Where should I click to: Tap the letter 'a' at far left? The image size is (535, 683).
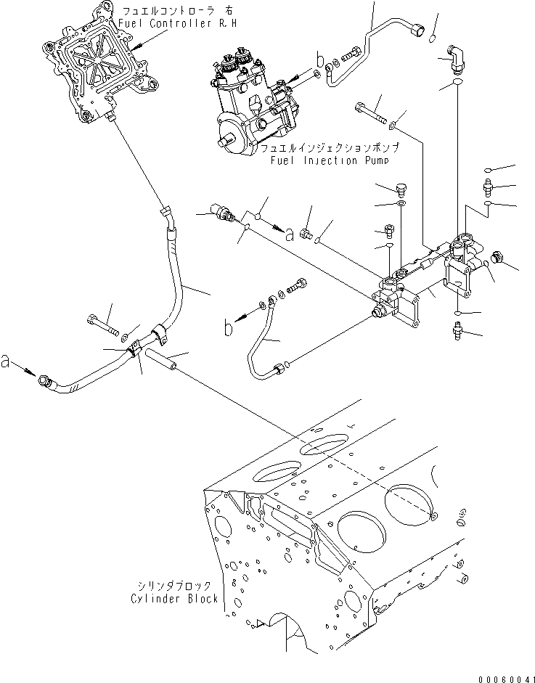click(7, 361)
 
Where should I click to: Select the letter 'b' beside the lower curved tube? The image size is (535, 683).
click(229, 329)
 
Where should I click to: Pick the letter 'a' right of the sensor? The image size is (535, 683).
click(290, 233)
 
